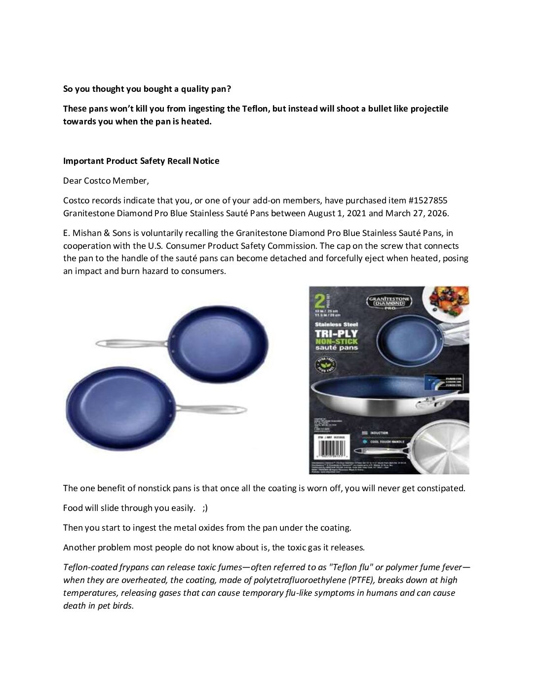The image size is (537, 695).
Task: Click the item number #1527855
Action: [x=428, y=200]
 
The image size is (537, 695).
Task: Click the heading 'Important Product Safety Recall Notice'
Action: [x=141, y=161]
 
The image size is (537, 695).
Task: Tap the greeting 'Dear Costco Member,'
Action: [x=106, y=181]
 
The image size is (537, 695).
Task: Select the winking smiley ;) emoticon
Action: [x=205, y=508]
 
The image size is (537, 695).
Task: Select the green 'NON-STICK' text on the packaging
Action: [x=337, y=341]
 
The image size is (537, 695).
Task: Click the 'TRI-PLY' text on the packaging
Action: [x=337, y=333]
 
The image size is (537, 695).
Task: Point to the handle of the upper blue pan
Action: [x=131, y=343]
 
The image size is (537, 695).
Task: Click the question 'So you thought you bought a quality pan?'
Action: [x=147, y=89]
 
